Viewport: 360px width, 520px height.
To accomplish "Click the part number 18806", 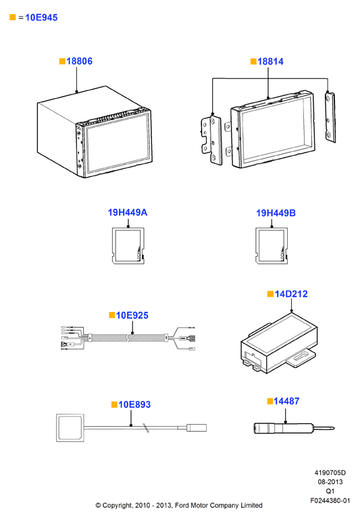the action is coord(79,61).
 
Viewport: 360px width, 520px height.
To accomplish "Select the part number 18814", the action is coord(270,61).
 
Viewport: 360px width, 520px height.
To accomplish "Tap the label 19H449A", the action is coord(128,213).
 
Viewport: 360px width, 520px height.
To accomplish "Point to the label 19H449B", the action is coord(276,213).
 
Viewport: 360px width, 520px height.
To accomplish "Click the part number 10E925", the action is coord(132,315).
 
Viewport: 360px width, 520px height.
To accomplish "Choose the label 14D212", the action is coord(291,294).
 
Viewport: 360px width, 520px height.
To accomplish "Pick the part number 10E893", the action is coord(134,405).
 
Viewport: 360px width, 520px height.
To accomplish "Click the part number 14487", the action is coord(286,401).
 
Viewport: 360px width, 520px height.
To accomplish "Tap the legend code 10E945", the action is coord(41,18).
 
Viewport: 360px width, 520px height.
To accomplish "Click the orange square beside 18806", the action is coord(62,61).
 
